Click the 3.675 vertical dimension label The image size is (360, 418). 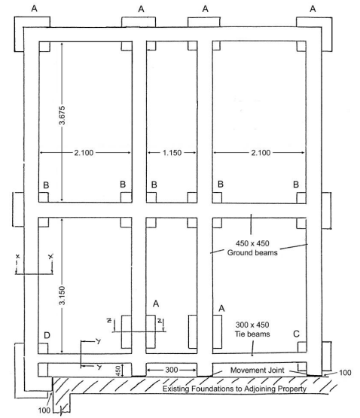pyautogui.click(x=62, y=115)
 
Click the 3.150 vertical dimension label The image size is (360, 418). pyautogui.click(x=62, y=295)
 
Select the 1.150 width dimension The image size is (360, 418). pyautogui.click(x=172, y=153)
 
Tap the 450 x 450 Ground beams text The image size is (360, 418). pyautogui.click(x=252, y=248)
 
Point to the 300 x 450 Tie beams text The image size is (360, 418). pyautogui.click(x=252, y=329)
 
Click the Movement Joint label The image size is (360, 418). pyautogui.click(x=257, y=370)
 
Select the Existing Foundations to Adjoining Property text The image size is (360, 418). pyautogui.click(x=234, y=389)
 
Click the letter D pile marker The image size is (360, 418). pyautogui.click(x=47, y=335)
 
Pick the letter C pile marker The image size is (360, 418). pyautogui.click(x=296, y=334)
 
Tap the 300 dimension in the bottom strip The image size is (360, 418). pyautogui.click(x=172, y=370)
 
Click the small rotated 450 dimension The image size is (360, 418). pyautogui.click(x=118, y=371)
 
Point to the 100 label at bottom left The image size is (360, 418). pyautogui.click(x=44, y=410)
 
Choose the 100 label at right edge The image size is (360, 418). pyautogui.click(x=345, y=372)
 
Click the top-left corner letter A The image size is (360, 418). pyautogui.click(x=34, y=8)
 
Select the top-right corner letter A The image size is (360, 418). pyautogui.click(x=313, y=9)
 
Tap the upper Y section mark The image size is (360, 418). pyautogui.click(x=99, y=341)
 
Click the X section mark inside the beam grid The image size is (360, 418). pyautogui.click(x=50, y=256)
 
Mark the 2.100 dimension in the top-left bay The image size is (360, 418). pyautogui.click(x=84, y=153)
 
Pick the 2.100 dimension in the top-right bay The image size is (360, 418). pyautogui.click(x=261, y=153)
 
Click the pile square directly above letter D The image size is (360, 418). pyautogui.click(x=43, y=349)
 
